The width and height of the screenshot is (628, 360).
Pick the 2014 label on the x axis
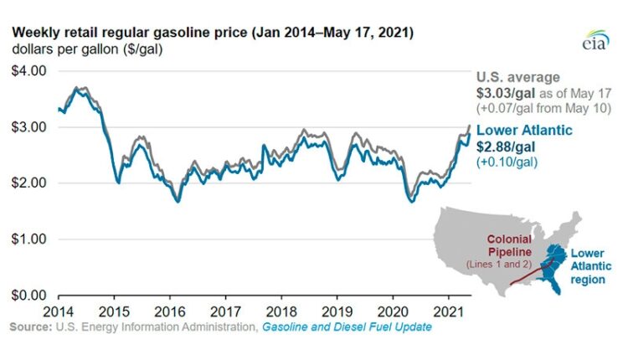click(58, 310)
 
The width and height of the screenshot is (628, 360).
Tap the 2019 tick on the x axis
click(336, 310)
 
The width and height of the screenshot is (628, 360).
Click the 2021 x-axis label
click(447, 310)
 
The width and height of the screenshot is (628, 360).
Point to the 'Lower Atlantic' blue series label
click(525, 130)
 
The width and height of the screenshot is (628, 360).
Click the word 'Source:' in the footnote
click(31, 327)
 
